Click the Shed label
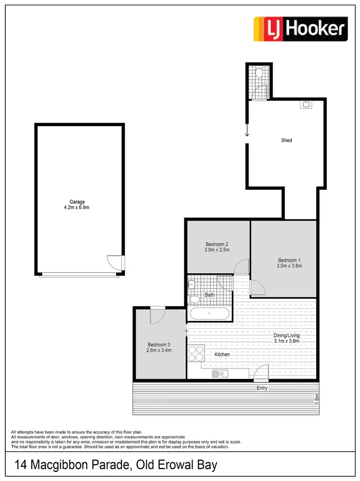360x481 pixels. click(287, 141)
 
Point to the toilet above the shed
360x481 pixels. click(259, 72)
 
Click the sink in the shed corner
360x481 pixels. click(306, 105)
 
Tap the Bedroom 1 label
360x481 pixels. click(289, 259)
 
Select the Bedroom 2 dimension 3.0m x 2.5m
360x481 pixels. click(217, 250)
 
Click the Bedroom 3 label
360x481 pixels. click(159, 344)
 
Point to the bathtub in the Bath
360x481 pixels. click(209, 314)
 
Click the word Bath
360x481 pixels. click(210, 295)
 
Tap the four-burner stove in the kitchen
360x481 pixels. click(196, 354)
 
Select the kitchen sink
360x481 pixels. click(218, 374)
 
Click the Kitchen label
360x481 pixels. click(222, 354)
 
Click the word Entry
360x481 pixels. click(262, 388)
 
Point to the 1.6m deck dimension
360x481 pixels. click(316, 399)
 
